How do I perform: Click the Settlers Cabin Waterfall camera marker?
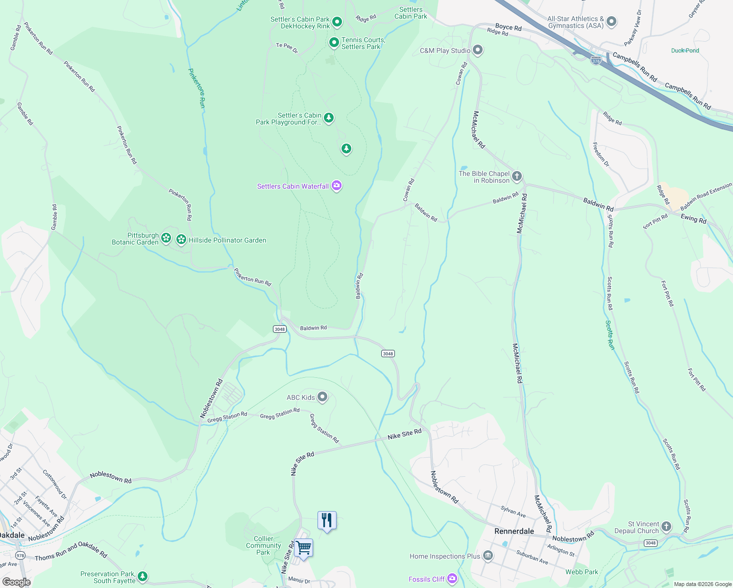point(337,186)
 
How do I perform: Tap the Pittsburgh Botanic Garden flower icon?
point(167,239)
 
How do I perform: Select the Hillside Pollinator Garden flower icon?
point(181,240)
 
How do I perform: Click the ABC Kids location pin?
point(322,397)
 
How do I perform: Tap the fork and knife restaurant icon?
point(327,520)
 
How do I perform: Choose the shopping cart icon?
point(303,547)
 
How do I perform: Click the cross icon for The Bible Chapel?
point(516,176)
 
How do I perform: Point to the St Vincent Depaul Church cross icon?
point(666,527)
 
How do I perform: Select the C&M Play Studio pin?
point(478,50)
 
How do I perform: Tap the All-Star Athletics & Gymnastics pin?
point(611,22)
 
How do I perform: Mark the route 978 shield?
point(20,555)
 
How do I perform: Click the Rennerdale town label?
point(514,531)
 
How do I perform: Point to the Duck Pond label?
point(685,50)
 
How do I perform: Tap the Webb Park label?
point(582,572)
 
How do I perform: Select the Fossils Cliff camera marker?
point(452,579)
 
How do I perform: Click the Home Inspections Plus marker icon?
point(488,556)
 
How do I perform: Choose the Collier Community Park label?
point(263,545)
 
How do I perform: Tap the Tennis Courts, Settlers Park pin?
point(334,43)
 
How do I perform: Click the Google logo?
point(17,582)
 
